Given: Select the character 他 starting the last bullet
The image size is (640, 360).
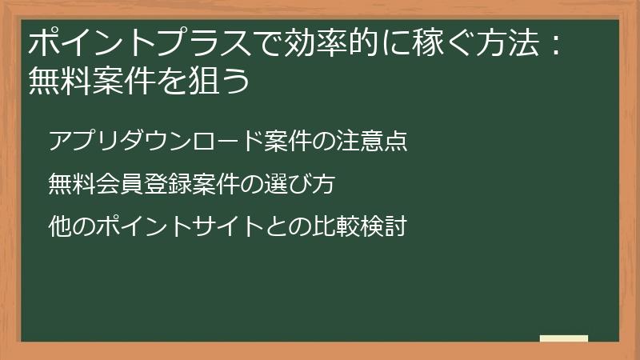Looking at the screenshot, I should [60, 227].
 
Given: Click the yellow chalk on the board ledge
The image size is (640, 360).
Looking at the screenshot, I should [563, 338].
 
